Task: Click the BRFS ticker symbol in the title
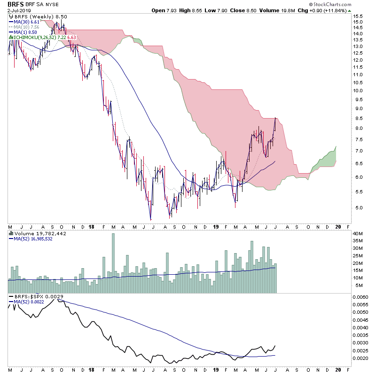(x=16, y=4)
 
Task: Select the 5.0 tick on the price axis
(x=358, y=207)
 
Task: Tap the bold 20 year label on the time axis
(x=337, y=226)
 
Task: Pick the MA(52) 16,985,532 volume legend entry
(x=33, y=239)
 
